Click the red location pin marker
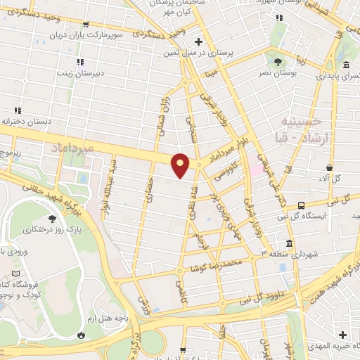coord(181,165)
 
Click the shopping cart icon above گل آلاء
coord(328,167)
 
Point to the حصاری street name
coord(149,186)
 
